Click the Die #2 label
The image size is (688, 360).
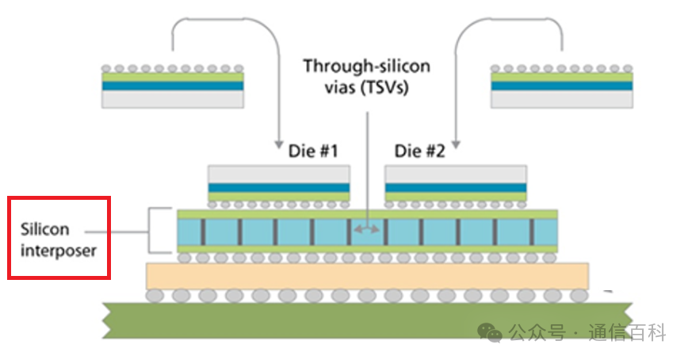tap(421, 151)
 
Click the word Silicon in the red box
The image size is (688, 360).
tap(46, 230)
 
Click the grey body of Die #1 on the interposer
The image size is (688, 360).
tap(278, 174)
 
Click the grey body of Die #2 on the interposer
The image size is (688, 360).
tap(456, 174)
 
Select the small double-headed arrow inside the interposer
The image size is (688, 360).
tap(366, 230)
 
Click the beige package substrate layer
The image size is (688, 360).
tap(367, 276)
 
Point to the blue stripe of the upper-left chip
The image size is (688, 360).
tap(173, 85)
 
